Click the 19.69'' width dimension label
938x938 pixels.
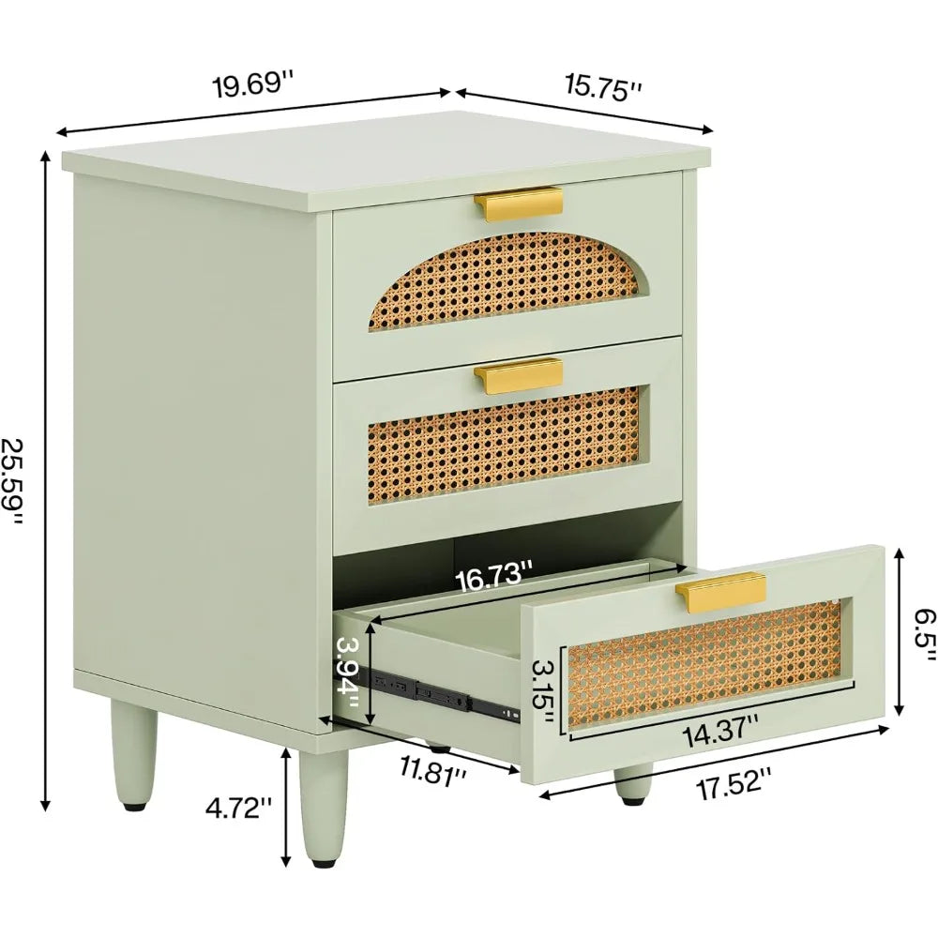coord(253,84)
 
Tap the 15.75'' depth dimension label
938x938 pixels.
coord(603,88)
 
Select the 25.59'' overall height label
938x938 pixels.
coord(14,483)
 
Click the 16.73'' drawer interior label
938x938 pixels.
coord(494,580)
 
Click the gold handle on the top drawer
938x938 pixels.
coord(519,205)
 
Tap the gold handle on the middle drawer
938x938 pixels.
coord(519,376)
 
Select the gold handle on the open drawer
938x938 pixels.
coord(721,591)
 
